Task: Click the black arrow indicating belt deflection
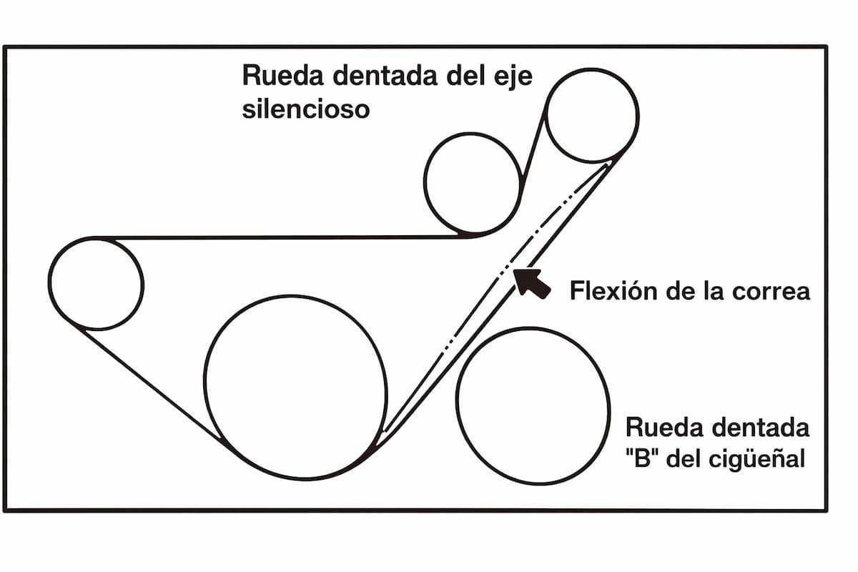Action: (x=532, y=283)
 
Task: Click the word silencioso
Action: (x=306, y=109)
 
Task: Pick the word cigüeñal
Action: (x=757, y=458)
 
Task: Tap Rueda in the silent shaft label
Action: (x=283, y=76)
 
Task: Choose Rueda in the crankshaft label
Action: (x=664, y=427)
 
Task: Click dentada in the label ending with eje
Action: (x=385, y=76)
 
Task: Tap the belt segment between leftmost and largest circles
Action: (x=152, y=386)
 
